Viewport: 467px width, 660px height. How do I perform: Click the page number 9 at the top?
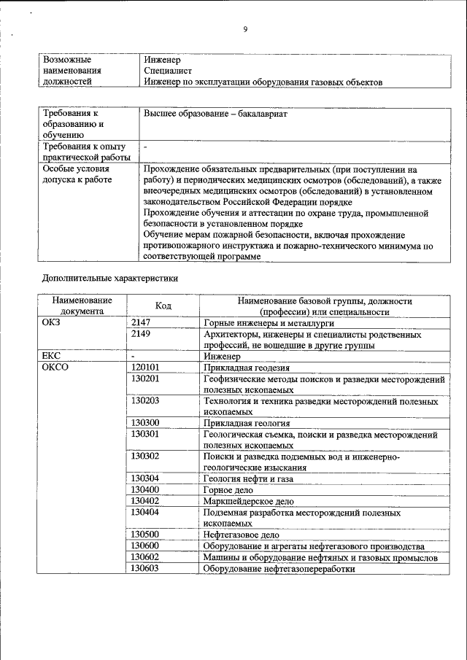pyautogui.click(x=245, y=29)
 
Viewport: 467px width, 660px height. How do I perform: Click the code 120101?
pyautogui.click(x=144, y=368)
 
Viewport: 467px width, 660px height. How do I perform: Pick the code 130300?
pyautogui.click(x=144, y=423)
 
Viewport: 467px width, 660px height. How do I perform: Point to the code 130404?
pyautogui.click(x=144, y=513)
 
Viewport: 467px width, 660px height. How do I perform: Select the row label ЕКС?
pyautogui.click(x=52, y=357)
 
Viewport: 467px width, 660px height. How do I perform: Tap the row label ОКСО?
pyautogui.click(x=55, y=368)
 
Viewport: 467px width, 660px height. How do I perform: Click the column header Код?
pyautogui.click(x=163, y=306)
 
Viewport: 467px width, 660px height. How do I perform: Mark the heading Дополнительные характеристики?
pyautogui.click(x=110, y=278)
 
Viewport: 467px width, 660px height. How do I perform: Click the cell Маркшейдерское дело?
pyautogui.click(x=249, y=501)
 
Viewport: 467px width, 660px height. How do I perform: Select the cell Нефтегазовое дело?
pyautogui.click(x=241, y=535)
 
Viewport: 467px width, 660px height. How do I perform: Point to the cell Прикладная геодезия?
pyautogui.click(x=247, y=368)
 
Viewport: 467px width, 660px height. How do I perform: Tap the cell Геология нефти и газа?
pyautogui.click(x=248, y=478)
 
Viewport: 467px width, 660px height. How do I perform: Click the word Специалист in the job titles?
pyautogui.click(x=168, y=71)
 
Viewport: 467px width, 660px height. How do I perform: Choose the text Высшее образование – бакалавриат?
pyautogui.click(x=215, y=115)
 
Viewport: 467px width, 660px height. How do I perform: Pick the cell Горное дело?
pyautogui.click(x=228, y=490)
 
